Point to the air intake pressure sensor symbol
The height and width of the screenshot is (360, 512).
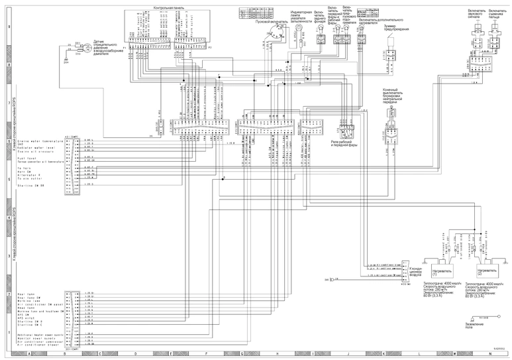(77, 49)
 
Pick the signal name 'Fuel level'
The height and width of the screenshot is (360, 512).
(26, 158)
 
